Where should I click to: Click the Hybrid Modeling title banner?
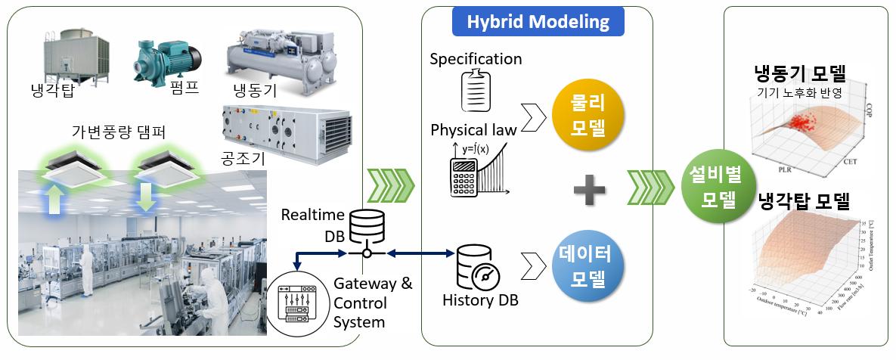(538, 21)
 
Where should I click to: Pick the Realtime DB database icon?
(366, 222)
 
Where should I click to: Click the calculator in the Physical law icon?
(467, 178)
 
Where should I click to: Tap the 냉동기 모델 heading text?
(799, 73)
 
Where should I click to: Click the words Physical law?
(473, 129)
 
